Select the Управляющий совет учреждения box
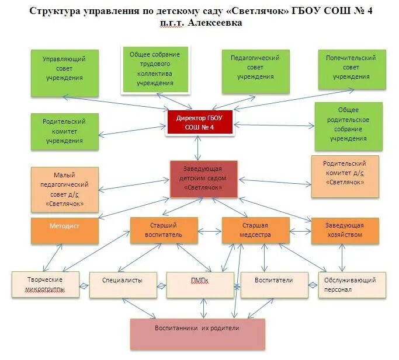point(64,69)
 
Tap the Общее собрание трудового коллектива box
point(155,69)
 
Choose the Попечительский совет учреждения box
point(352,69)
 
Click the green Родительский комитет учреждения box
point(64,131)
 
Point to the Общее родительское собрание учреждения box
point(348,125)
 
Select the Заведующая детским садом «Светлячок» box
point(204,179)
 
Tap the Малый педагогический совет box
point(64,189)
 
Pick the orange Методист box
point(65,230)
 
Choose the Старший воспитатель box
point(163,230)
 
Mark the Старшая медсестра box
point(255,230)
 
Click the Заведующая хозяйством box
point(345,230)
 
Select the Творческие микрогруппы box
point(45,284)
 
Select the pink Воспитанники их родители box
point(197,333)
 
